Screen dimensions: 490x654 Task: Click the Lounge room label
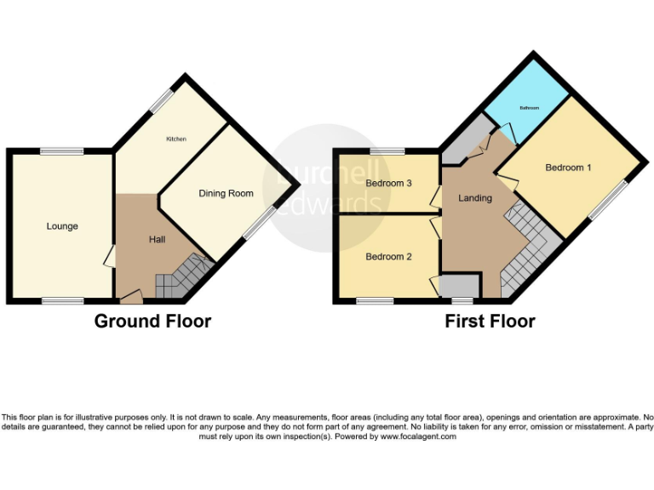(62, 226)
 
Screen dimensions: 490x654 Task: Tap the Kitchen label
(176, 139)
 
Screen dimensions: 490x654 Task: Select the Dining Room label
(226, 194)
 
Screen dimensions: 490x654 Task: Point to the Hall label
(157, 240)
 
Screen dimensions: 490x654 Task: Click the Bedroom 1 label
(569, 168)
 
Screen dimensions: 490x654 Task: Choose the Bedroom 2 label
(389, 256)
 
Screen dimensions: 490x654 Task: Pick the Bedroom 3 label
(389, 183)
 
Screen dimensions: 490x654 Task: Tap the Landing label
(475, 198)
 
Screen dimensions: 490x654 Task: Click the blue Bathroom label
(531, 108)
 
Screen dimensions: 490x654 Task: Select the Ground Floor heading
(152, 321)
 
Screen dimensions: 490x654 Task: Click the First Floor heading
(490, 321)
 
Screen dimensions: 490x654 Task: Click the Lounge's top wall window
(61, 151)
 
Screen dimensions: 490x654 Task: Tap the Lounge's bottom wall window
(64, 300)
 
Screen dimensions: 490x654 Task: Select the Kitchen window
(158, 100)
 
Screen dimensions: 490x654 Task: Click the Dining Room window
(258, 223)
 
